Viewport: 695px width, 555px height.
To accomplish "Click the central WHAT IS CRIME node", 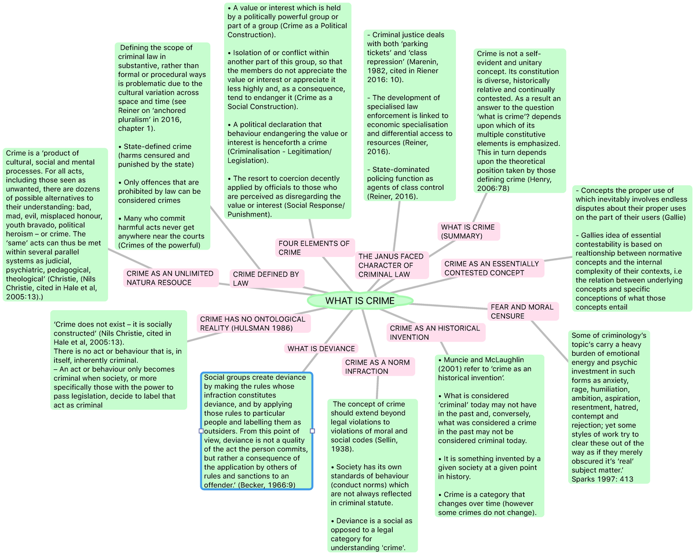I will point(360,300).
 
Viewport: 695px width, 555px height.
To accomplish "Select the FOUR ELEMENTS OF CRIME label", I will point(314,248).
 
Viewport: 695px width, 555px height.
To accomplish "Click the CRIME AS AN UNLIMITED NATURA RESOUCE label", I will point(161,278).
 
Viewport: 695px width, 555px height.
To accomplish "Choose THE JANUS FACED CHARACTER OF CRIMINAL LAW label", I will point(391,265).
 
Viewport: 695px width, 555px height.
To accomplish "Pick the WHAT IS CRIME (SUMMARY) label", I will point(468,231).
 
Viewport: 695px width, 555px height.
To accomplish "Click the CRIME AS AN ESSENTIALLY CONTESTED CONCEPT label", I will point(491,268).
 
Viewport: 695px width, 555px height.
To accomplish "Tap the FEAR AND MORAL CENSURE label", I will point(523,311).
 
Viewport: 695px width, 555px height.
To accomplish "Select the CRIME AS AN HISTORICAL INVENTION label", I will point(435,332).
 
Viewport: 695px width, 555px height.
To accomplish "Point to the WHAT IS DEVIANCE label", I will point(321,348).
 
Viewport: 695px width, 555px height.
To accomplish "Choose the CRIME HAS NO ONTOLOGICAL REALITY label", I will point(253,324).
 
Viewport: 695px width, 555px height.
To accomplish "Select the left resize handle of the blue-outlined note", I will point(201,431).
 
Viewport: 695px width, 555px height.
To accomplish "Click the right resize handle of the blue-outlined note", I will point(313,431).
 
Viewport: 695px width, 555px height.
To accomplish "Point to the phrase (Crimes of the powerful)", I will point(159,245).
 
